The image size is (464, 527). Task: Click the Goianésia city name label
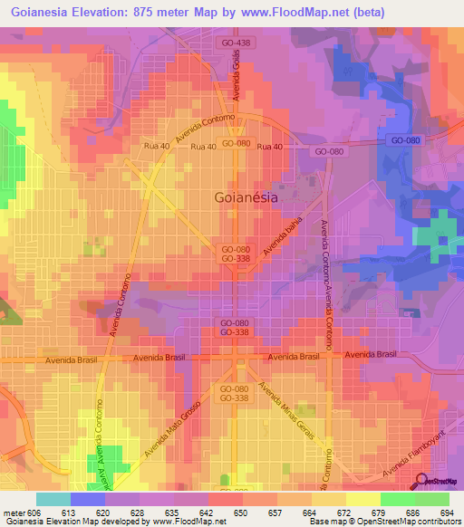click(245, 196)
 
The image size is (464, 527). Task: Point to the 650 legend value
click(214, 512)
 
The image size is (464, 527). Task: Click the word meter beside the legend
click(14, 512)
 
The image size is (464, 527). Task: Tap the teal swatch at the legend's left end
click(53, 499)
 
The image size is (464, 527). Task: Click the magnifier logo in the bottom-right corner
click(422, 481)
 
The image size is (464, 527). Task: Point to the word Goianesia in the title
click(42, 13)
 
